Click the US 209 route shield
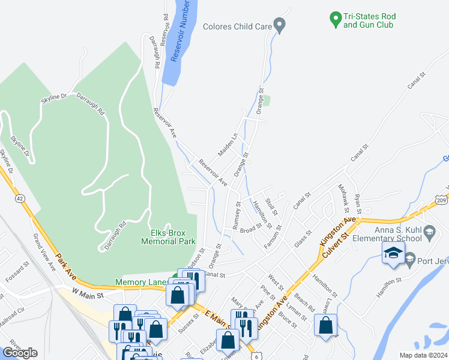click(x=441, y=200)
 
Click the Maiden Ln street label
click(x=228, y=145)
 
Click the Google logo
click(x=20, y=352)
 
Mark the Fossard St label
click(x=17, y=271)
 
